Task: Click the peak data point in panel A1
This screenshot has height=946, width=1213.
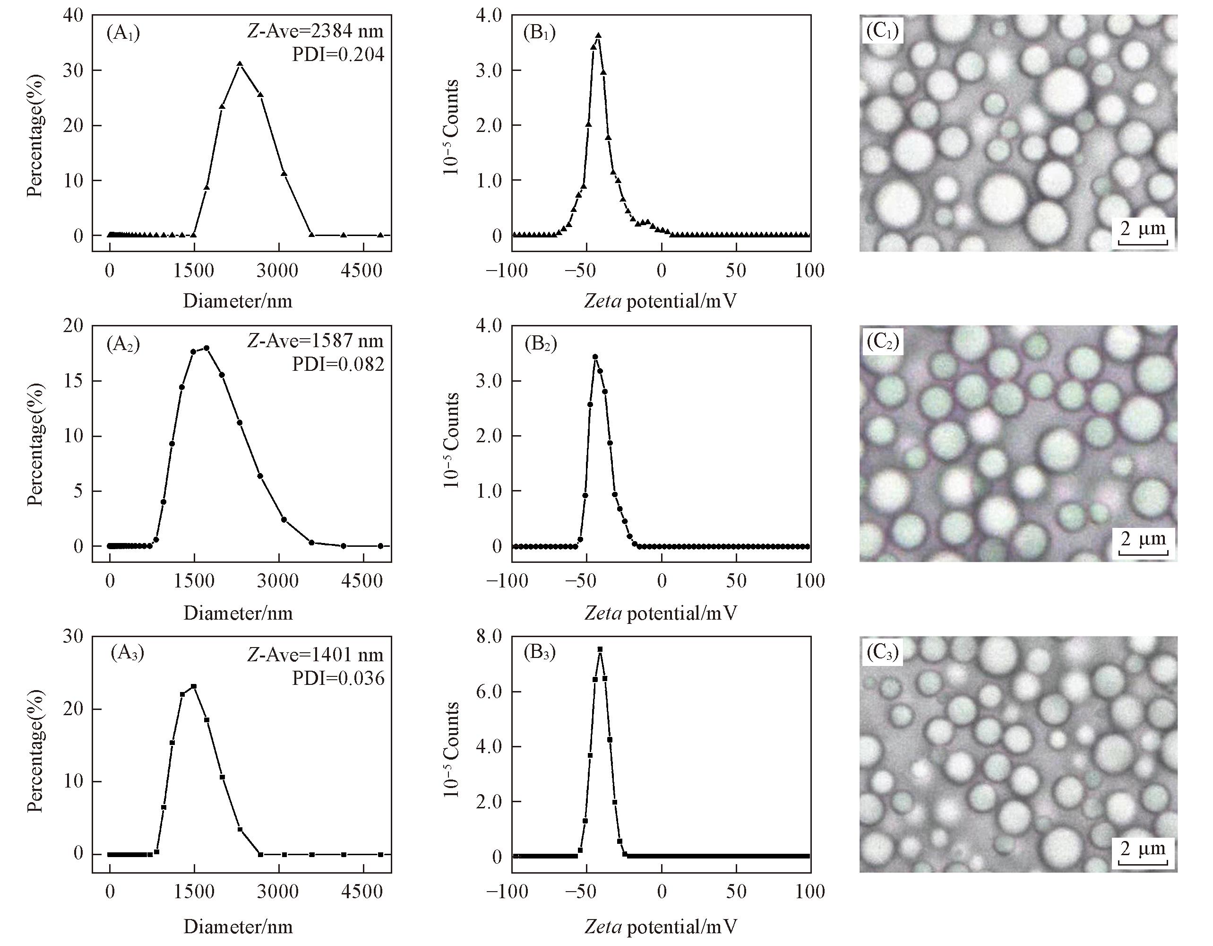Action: click(x=240, y=64)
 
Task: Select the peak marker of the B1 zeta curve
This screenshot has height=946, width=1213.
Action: click(x=598, y=35)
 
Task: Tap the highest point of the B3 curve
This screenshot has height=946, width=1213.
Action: click(x=600, y=649)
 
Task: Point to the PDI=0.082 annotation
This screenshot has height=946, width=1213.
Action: click(x=338, y=364)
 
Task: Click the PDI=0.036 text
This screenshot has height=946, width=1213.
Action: click(x=338, y=678)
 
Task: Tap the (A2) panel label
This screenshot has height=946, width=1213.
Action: click(x=123, y=345)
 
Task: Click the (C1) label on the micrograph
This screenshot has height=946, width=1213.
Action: click(x=881, y=31)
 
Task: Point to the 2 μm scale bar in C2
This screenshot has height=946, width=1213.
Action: click(x=1143, y=543)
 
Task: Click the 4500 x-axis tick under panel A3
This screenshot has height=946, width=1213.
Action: click(x=362, y=892)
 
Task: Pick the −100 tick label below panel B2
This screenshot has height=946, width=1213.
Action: click(x=506, y=581)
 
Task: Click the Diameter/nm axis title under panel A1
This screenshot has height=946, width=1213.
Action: click(x=238, y=301)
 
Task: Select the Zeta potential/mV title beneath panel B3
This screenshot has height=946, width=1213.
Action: click(x=661, y=927)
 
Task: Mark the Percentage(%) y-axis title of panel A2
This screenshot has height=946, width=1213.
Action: click(x=35, y=444)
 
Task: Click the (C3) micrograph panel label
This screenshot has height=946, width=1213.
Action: click(x=882, y=653)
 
